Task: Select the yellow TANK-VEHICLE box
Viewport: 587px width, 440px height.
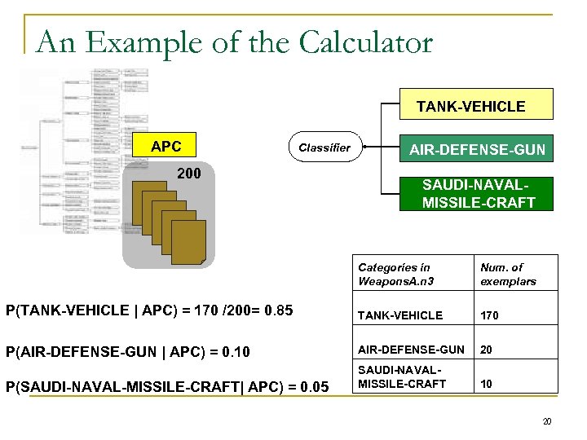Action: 470,106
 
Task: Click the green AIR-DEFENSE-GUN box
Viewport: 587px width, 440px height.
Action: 475,149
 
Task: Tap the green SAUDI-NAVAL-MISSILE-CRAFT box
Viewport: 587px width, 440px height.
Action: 475,194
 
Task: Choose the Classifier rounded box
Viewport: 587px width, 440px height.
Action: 324,147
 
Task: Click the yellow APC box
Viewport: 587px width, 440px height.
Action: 166,147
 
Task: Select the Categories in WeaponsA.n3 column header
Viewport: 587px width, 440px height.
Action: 394,275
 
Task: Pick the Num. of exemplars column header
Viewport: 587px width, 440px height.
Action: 508,275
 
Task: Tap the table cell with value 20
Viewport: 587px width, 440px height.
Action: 488,349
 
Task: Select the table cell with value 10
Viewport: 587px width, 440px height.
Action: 488,383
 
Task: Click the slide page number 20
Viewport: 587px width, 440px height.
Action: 547,421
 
